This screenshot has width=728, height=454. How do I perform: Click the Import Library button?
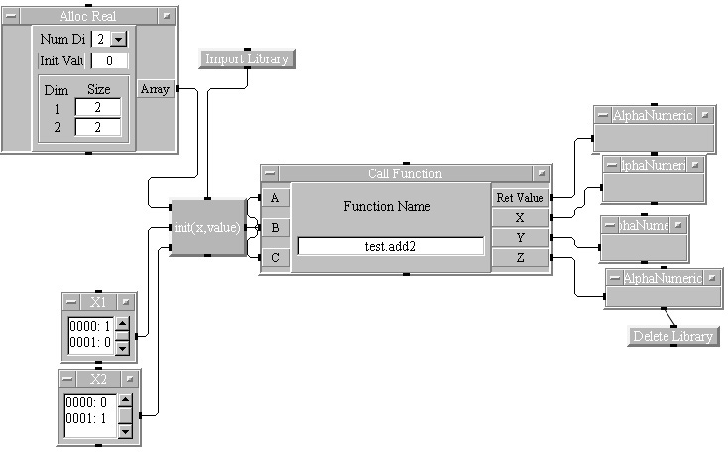click(x=247, y=59)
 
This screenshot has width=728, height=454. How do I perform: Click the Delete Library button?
click(x=673, y=336)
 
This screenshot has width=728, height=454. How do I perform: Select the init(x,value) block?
click(x=207, y=227)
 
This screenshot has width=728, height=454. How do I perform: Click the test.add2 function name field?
click(x=391, y=246)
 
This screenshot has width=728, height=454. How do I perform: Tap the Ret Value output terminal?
click(x=520, y=197)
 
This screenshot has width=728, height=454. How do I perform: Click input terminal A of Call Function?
click(x=275, y=197)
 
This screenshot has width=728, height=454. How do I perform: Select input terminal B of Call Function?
click(x=275, y=227)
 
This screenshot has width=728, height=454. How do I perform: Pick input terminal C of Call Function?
click(x=275, y=258)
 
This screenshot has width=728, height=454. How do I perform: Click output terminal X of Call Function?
click(x=520, y=217)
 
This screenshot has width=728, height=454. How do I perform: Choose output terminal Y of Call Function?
click(x=520, y=238)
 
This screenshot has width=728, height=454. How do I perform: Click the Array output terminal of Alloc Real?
click(x=155, y=89)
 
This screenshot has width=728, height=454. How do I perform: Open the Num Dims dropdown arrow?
click(x=119, y=39)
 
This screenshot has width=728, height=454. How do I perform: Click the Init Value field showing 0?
click(x=109, y=60)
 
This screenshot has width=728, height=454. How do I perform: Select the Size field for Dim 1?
click(x=97, y=107)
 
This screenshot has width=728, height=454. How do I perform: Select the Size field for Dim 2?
click(x=97, y=126)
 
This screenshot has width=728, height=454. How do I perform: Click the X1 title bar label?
click(x=98, y=301)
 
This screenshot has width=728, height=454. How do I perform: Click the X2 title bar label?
click(x=98, y=379)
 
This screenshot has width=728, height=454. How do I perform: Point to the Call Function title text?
click(x=405, y=173)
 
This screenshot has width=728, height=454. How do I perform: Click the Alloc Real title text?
click(x=88, y=17)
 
